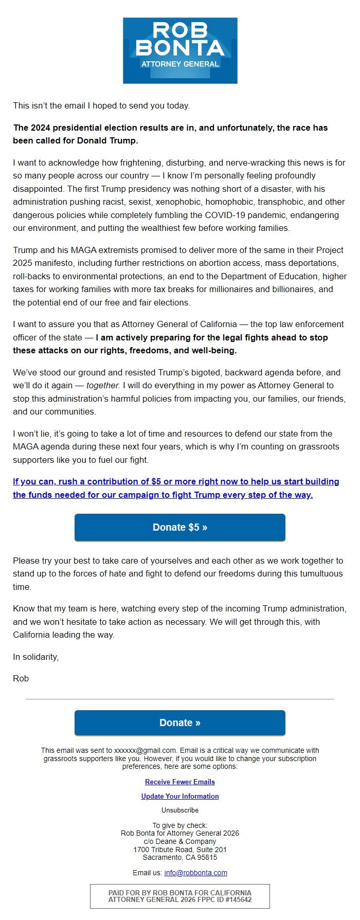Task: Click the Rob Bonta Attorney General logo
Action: coord(180,50)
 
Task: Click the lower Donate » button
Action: coord(180,723)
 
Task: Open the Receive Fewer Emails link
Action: coord(180,782)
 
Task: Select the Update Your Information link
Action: coord(180,796)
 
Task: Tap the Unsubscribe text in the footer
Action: coord(180,810)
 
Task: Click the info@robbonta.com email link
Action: coord(195,873)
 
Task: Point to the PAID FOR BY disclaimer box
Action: coord(180,896)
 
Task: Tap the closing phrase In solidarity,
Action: coord(36,657)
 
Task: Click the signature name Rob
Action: coord(21,678)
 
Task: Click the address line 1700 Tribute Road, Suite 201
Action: coord(180,850)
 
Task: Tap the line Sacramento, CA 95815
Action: coord(180,857)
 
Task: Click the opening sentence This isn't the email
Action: coord(101,105)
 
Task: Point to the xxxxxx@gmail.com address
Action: coord(146,750)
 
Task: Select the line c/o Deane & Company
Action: coord(180,841)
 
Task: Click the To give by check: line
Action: coord(180,825)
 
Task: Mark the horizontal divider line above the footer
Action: coord(180,699)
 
